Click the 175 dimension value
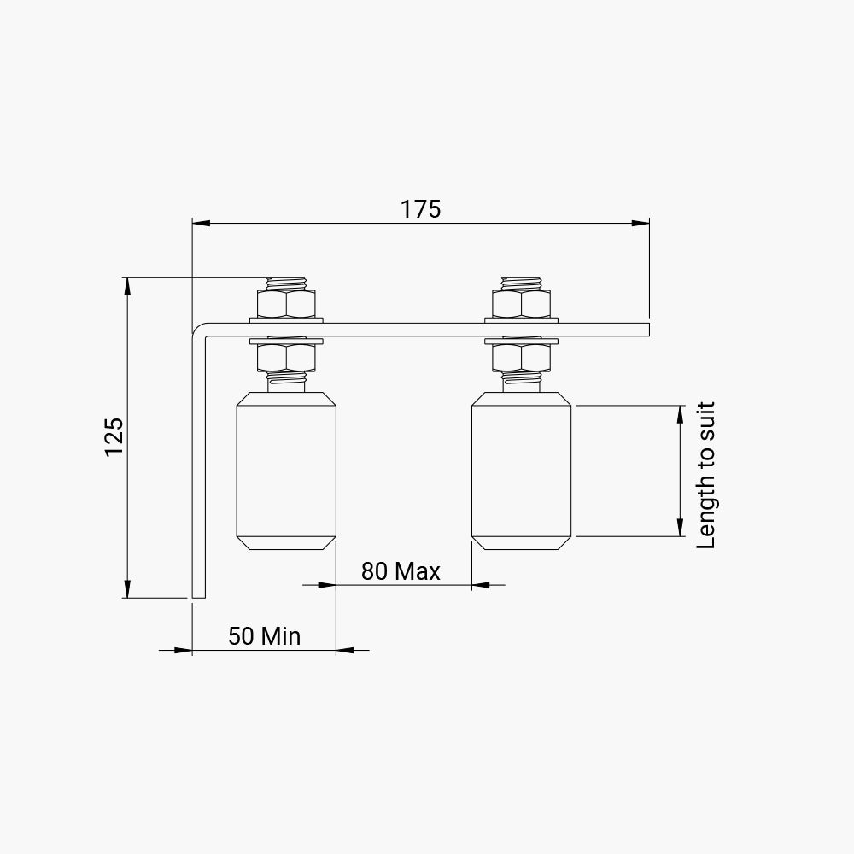pyautogui.click(x=420, y=209)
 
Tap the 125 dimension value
pyautogui.click(x=114, y=436)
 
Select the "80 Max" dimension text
pyautogui.click(x=401, y=570)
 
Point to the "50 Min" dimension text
pyautogui.click(x=264, y=635)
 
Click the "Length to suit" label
pyautogui.click(x=706, y=476)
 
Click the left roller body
pyautogui.click(x=286, y=471)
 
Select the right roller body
pyautogui.click(x=521, y=471)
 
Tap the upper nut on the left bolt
pyautogui.click(x=286, y=304)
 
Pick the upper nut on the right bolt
pyautogui.click(x=521, y=304)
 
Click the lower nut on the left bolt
pyautogui.click(x=286, y=358)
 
